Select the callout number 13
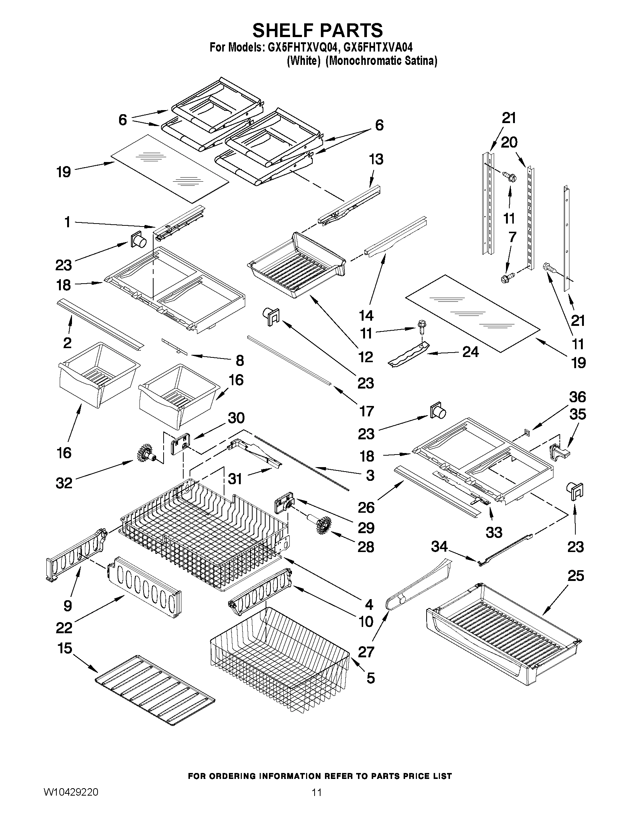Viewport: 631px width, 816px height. (x=376, y=159)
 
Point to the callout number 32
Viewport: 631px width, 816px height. (x=63, y=483)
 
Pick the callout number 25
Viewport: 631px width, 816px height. (x=575, y=576)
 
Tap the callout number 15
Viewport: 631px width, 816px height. (x=65, y=648)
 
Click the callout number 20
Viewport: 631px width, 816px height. (x=509, y=142)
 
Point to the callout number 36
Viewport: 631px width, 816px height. (x=577, y=397)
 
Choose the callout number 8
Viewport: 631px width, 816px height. (x=240, y=361)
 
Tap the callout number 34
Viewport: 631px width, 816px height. (x=439, y=546)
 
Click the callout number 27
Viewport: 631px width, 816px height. (x=366, y=652)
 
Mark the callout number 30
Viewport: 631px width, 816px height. (x=236, y=418)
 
